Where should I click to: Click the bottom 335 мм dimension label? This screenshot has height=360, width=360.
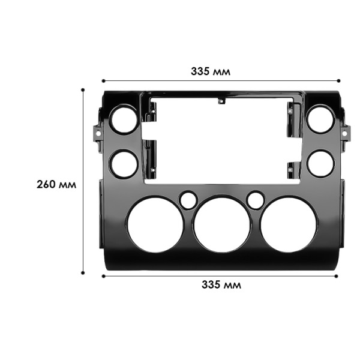coord(221,285)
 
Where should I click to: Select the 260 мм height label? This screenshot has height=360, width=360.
coord(56,184)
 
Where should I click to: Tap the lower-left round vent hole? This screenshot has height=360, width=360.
coord(124,163)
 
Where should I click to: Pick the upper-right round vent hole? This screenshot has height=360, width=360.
coord(320,119)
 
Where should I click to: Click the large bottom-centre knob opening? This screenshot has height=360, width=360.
coord(221,225)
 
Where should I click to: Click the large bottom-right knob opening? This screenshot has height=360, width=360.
coord(288,225)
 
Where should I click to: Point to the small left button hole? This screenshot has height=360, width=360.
coord(188,200)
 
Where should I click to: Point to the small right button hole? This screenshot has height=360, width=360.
coord(256,200)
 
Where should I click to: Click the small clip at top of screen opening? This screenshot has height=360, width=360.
coord(222,100)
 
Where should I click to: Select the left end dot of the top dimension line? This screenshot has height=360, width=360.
coord(103,80)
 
